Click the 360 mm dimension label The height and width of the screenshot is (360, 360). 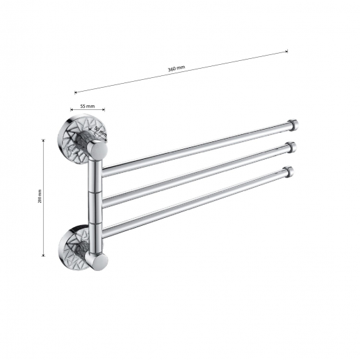pos(176,69)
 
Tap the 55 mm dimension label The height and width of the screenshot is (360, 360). pos(88,106)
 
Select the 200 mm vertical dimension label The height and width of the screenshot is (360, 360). pos(41,196)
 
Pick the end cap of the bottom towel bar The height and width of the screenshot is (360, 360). pos(289,173)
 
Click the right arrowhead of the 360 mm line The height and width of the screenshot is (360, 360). pos(287,52)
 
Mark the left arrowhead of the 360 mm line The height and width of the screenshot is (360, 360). pos(76,92)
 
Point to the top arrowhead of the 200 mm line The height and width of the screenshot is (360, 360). pos(45,139)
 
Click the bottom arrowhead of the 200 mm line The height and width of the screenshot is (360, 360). pos(45,255)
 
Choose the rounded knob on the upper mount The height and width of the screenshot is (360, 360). pos(98,153)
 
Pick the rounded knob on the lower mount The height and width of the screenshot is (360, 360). pos(99,262)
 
